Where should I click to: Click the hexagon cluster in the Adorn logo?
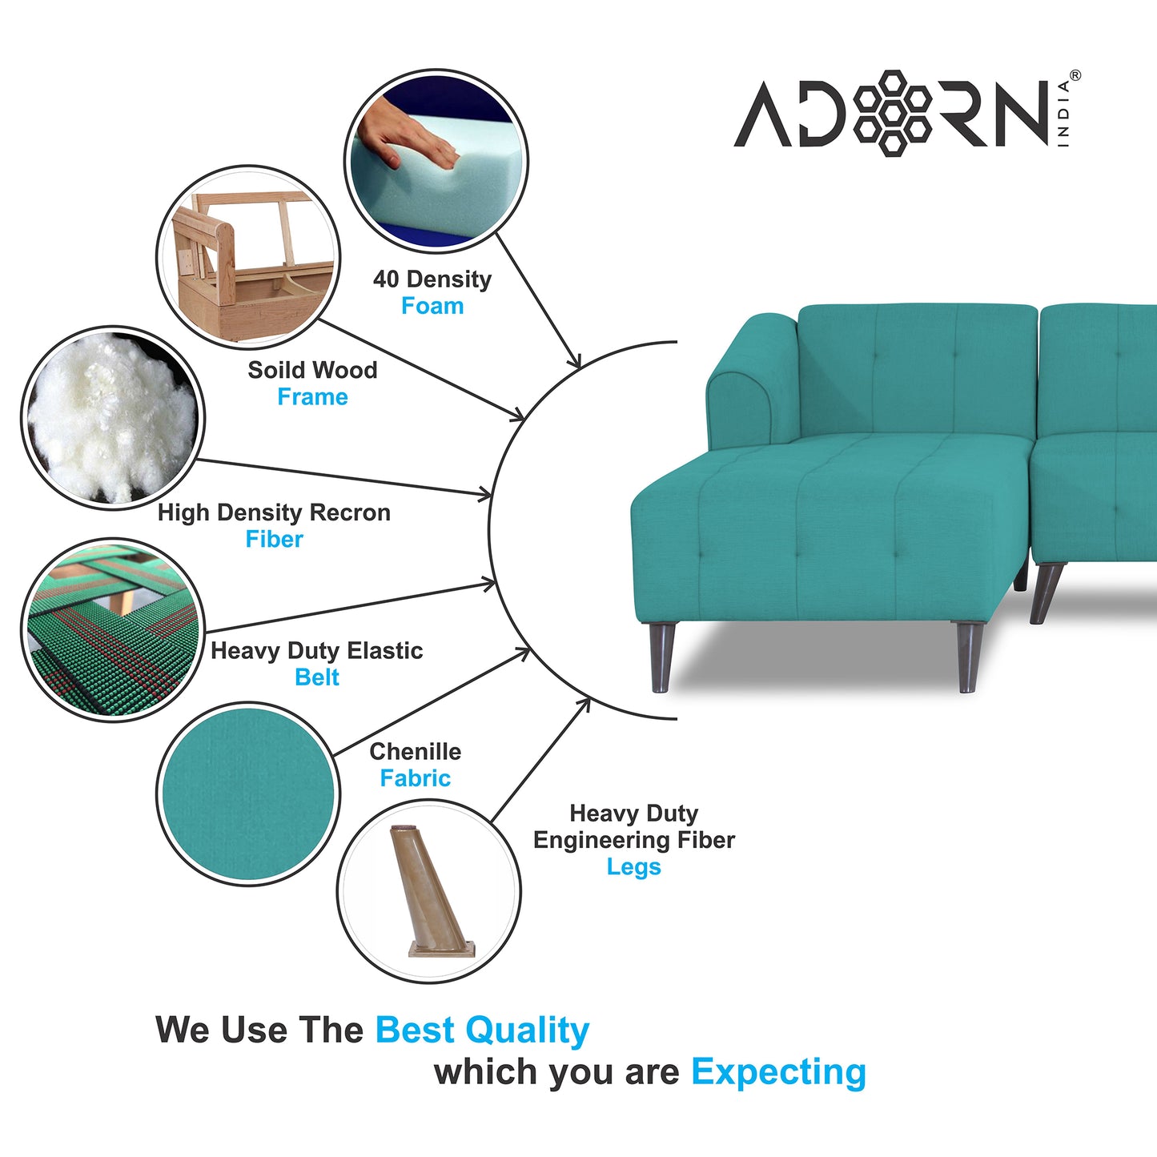click(892, 113)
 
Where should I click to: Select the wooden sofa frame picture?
click(248, 257)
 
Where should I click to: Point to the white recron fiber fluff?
click(113, 418)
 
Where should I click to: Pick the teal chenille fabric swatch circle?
click(248, 793)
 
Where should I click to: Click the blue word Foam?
click(432, 306)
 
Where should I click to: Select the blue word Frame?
click(312, 397)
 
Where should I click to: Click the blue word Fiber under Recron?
click(275, 539)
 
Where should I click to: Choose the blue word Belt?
click(317, 677)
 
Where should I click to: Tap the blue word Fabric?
click(415, 778)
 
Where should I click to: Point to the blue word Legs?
click(633, 867)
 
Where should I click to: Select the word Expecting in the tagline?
click(779, 1072)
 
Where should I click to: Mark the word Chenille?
click(415, 751)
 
